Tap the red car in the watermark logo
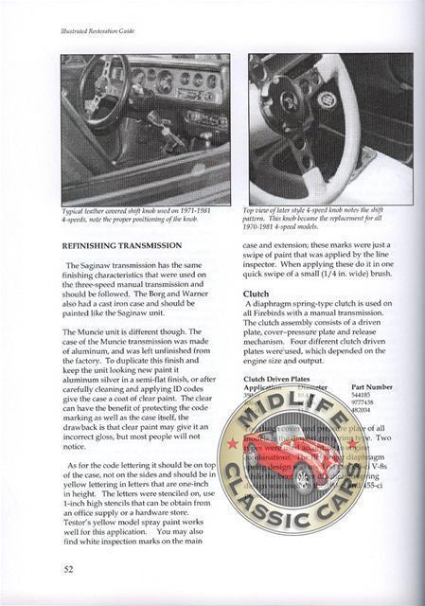point(301,473)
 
